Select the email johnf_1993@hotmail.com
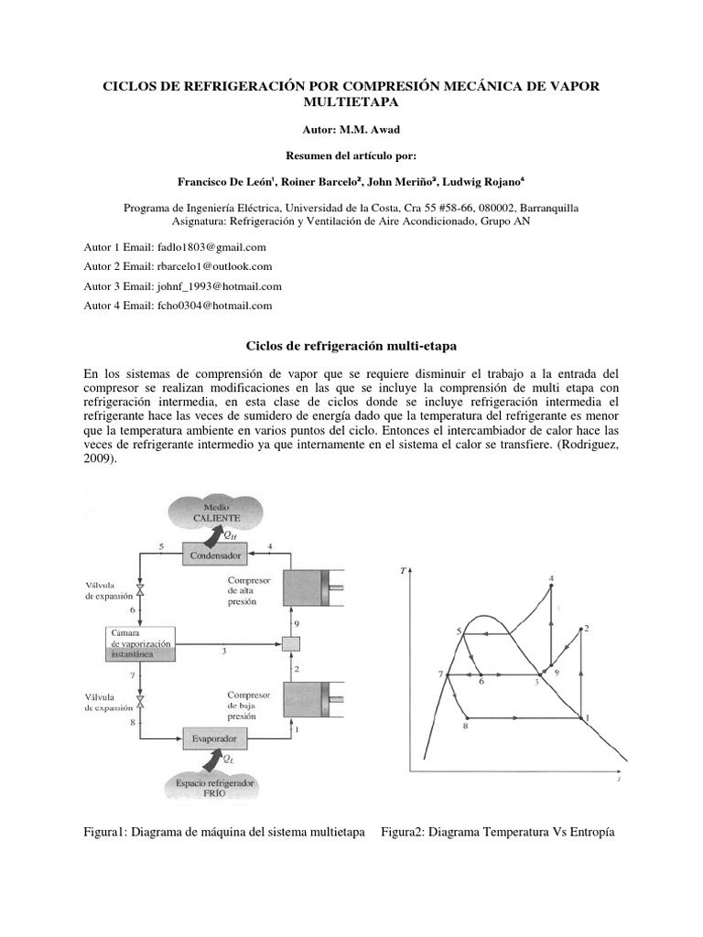[x=213, y=286]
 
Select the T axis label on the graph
[x=403, y=572]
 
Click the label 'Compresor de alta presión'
[x=251, y=592]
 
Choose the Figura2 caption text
[x=498, y=833]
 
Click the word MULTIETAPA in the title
[x=351, y=102]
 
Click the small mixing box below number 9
[x=290, y=644]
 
